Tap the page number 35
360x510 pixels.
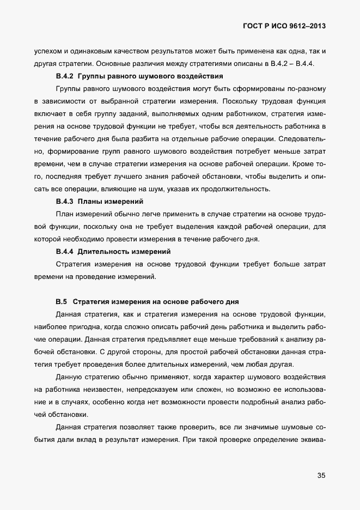(321, 476)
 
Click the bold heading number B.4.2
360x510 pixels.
(65, 76)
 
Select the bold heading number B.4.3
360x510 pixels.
(65, 201)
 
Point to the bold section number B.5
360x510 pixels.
(61, 301)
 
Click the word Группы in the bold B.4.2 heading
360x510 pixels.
(93, 76)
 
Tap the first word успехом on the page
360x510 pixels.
(48, 51)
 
